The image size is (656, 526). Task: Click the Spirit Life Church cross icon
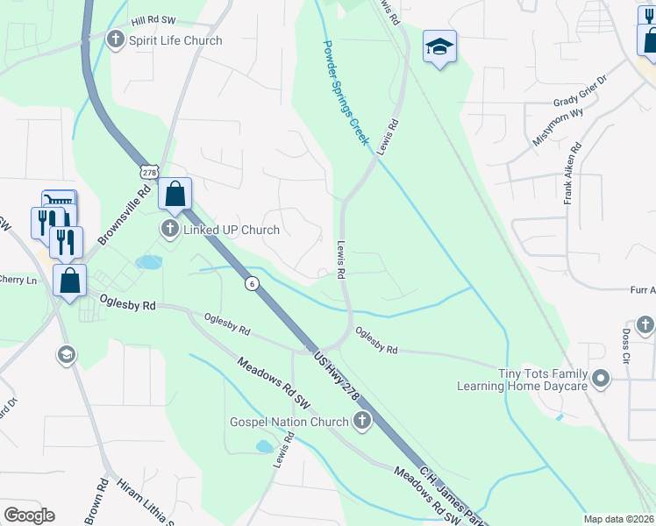[116, 40]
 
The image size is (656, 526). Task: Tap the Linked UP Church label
[231, 230]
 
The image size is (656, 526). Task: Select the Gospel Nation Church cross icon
[360, 423]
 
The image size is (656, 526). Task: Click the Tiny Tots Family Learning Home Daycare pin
[601, 380]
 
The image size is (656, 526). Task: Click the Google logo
[29, 515]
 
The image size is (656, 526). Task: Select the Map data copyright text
[619, 519]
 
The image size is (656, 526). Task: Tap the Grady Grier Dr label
[581, 103]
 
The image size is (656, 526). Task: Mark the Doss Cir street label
[626, 346]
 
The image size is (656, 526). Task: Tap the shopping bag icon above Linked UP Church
[175, 194]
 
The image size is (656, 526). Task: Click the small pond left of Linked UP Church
[149, 262]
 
